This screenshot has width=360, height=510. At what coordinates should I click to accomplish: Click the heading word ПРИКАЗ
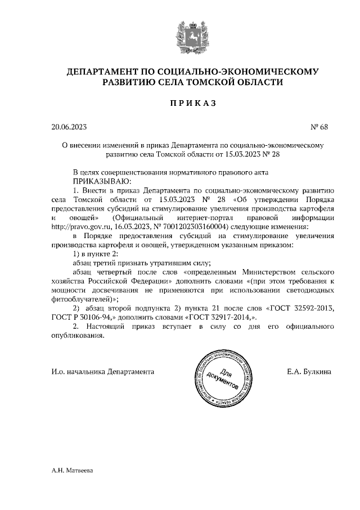pyautogui.click(x=192, y=104)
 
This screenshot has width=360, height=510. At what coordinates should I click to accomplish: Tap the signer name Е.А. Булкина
pyautogui.click(x=309, y=372)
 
